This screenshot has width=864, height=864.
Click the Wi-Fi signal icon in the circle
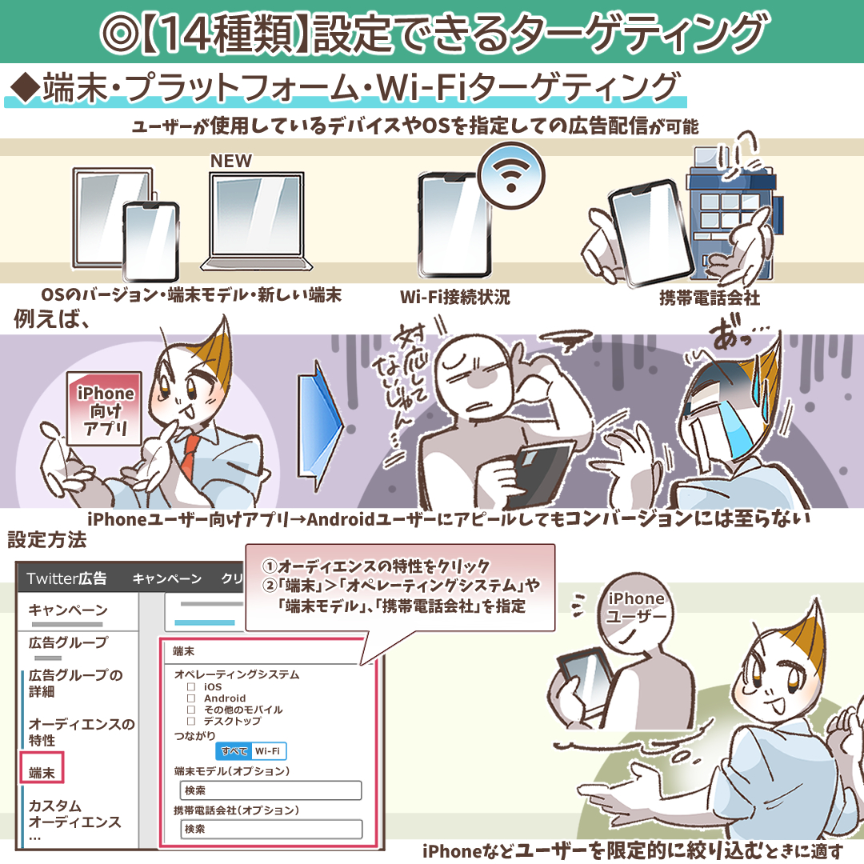[x=510, y=174]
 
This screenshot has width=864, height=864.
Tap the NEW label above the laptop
[x=231, y=161]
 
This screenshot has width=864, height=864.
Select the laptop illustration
[x=257, y=222]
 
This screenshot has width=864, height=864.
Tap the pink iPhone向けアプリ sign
[x=104, y=409]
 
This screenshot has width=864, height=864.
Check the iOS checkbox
[x=191, y=686]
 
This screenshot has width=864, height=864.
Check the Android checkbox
[x=191, y=698]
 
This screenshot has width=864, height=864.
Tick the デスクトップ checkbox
[x=191, y=721]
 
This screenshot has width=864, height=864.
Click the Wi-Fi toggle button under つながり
[x=268, y=751]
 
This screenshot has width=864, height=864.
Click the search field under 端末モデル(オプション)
[x=270, y=790]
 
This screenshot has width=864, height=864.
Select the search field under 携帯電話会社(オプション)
[x=271, y=829]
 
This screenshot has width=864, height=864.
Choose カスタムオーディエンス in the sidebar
[x=74, y=814]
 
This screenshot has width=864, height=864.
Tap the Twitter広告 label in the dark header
[x=66, y=578]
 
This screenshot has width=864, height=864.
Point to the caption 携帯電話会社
[x=710, y=298]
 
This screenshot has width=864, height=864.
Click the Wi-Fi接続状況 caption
[x=455, y=298]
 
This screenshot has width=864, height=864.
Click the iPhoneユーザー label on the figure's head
[x=637, y=606]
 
